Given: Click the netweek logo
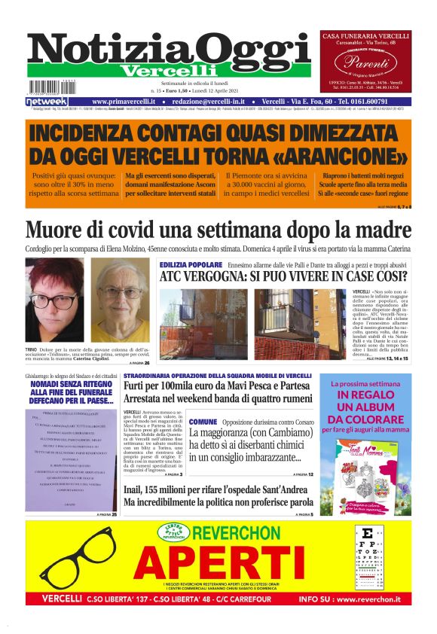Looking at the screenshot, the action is coord(46,102).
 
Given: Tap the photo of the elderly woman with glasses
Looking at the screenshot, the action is coord(120,300).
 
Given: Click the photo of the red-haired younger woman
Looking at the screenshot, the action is coord(55,300).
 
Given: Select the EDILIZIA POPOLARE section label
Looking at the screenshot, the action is coord(191,264).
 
